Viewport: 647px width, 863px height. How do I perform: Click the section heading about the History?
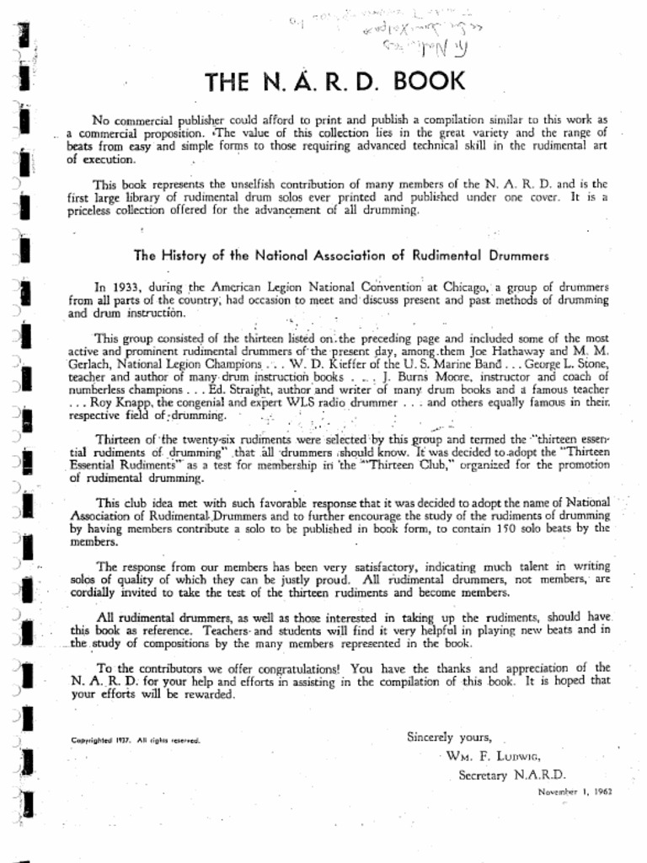click(341, 255)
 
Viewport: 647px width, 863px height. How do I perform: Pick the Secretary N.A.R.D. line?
click(512, 775)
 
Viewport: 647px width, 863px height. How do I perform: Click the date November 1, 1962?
click(575, 792)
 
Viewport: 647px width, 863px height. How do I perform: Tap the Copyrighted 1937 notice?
click(135, 741)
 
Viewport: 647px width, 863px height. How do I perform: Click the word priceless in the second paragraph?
click(95, 211)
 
